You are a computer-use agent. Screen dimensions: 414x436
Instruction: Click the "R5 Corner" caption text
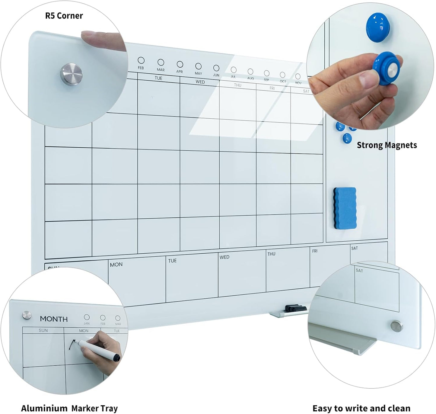click(64, 16)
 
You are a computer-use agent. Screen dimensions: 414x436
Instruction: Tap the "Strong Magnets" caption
click(387, 145)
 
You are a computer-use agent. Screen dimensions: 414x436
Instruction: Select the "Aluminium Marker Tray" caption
click(69, 408)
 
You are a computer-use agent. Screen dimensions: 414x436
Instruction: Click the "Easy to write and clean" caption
click(361, 408)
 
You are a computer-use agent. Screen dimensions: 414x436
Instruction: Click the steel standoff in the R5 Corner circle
click(72, 75)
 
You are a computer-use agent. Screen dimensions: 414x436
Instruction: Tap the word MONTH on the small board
click(54, 319)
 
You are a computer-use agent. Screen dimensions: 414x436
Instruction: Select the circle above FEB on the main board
click(141, 60)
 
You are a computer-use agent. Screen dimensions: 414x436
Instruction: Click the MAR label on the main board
click(161, 70)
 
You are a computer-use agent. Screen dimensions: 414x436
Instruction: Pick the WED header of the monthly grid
click(200, 82)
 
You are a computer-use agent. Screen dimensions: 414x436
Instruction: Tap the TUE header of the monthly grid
click(158, 78)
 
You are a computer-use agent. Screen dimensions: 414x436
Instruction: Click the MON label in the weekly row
click(116, 265)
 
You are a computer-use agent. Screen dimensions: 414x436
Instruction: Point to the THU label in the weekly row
click(271, 254)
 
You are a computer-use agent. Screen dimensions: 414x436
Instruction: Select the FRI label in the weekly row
click(315, 251)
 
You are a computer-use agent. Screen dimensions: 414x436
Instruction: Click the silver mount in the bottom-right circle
click(396, 326)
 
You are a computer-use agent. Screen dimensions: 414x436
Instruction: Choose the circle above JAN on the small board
click(87, 317)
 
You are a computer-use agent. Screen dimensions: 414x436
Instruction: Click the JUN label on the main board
click(216, 75)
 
